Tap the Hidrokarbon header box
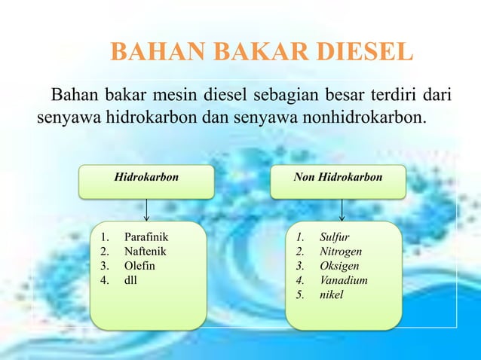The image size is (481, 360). [146, 178]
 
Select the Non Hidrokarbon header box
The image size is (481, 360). [339, 178]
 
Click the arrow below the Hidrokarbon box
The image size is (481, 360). [146, 209]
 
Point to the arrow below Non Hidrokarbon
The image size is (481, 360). [343, 209]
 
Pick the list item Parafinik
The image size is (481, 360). [146, 238]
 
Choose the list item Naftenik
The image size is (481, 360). [146, 252]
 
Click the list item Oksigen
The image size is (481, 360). [339, 266]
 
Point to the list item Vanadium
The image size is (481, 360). [344, 280]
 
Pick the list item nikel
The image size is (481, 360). [331, 294]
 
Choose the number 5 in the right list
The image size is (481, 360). [300, 294]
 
